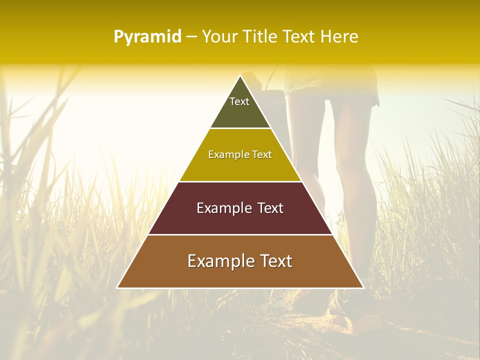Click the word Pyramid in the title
pos(147,37)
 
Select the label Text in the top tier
pos(239,101)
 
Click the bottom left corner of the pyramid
pos(117,287)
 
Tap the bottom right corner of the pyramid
pos(363,287)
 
